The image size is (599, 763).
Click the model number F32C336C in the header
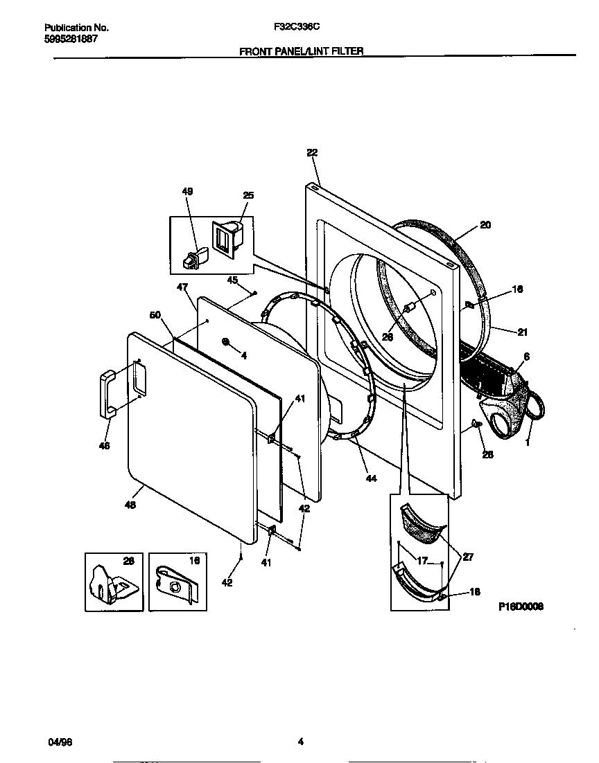[x=297, y=28]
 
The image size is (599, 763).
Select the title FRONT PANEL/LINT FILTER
[x=301, y=51]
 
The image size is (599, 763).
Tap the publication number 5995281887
[x=70, y=39]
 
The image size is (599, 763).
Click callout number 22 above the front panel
[x=311, y=152]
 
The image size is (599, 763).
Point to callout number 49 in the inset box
[x=187, y=191]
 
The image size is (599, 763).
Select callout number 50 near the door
[x=155, y=315]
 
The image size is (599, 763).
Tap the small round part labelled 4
[x=227, y=342]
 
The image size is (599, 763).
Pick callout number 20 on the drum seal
[x=485, y=225]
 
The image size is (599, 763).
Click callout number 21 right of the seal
[x=521, y=332]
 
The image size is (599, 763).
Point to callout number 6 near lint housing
[x=526, y=356]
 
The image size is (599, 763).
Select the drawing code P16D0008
[x=521, y=606]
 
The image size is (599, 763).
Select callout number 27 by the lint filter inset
[x=468, y=556]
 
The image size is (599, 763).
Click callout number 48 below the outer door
[x=130, y=505]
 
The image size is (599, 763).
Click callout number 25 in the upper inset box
[x=248, y=195]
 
